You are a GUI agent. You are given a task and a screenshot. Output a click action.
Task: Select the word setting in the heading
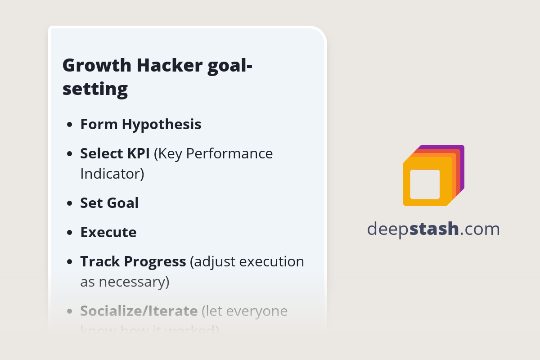coord(95,89)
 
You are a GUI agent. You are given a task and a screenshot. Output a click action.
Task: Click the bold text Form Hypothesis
coord(141,124)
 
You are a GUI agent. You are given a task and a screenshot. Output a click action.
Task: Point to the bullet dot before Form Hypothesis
coord(69,125)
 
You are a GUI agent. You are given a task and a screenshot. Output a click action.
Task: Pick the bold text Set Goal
coord(109,203)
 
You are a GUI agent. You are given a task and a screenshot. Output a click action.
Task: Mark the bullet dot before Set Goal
coord(69,203)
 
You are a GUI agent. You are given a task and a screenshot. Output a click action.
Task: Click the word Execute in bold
coord(108,232)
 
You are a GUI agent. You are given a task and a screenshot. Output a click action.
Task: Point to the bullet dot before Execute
coord(69,233)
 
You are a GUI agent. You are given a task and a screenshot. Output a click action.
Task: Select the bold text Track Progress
coord(133,261)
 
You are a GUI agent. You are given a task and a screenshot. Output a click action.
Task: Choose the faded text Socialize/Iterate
coord(139,311)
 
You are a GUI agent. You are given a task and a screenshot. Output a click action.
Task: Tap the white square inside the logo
coord(425,184)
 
